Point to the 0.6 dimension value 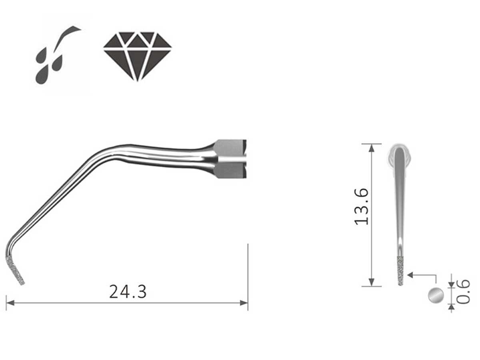click(463, 292)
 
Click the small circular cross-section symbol click(436, 295)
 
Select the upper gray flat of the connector click(230, 148)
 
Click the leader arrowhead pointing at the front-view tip click(410, 275)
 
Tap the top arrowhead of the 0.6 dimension click(452, 284)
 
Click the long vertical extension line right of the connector click(248, 276)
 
